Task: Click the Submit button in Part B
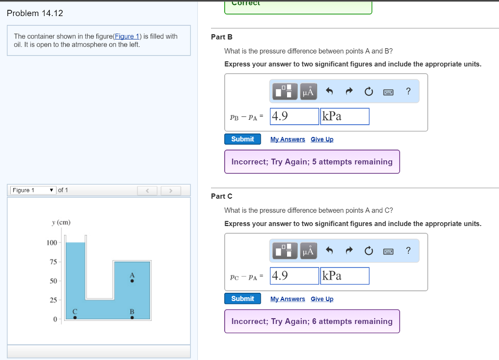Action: (242, 139)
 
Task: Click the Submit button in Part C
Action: (242, 299)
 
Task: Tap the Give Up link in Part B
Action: (322, 139)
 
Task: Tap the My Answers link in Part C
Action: (288, 299)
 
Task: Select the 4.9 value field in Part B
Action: (294, 116)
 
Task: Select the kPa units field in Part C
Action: (345, 276)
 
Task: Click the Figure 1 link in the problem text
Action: (128, 37)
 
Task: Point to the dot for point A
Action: (132, 281)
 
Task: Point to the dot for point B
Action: (132, 318)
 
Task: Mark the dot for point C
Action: (75, 318)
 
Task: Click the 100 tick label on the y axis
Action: (52, 243)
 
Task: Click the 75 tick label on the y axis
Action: (53, 262)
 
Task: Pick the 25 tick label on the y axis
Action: (53, 300)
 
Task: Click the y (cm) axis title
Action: (61, 223)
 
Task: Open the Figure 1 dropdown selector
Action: (33, 190)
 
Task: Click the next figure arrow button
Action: (171, 190)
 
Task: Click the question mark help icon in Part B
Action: (408, 91)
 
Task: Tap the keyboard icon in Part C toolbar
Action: (388, 251)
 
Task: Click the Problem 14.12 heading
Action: (35, 13)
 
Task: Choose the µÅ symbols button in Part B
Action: (308, 91)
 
